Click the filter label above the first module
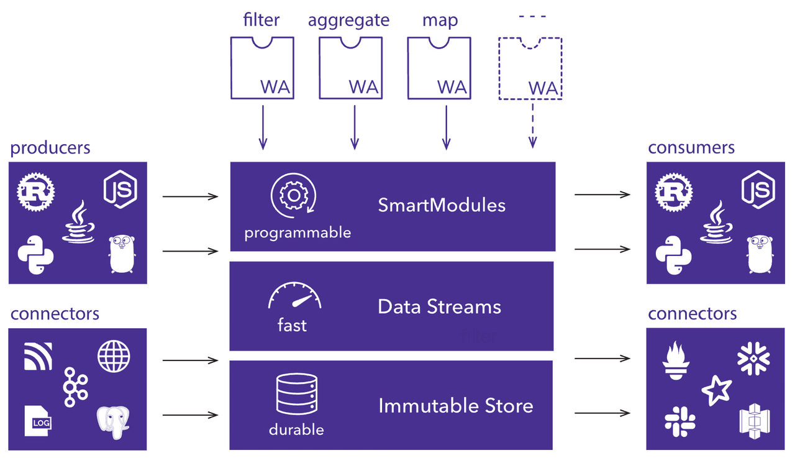261,20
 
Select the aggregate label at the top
348,20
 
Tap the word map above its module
440,20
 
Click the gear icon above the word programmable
290,196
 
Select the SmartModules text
442,205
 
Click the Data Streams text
439,306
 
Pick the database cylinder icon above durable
296,395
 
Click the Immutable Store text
456,406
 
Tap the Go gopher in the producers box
122,254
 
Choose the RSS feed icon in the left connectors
38,356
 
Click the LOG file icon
39,420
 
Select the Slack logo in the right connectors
679,419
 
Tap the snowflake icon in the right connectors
753,359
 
